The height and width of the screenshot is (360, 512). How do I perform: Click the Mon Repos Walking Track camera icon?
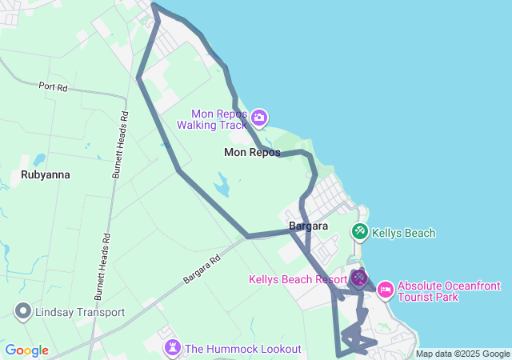(258, 118)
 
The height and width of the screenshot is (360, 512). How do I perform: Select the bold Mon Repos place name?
(252, 152)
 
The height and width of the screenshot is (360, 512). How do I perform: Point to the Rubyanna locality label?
(46, 174)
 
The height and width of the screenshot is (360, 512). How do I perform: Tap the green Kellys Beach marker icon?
(360, 233)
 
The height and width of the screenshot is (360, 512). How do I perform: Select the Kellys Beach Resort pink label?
(298, 279)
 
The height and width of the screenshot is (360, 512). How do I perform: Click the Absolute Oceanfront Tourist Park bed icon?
(385, 288)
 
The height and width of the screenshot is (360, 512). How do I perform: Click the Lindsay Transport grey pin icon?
(22, 312)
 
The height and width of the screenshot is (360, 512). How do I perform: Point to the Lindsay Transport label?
(79, 312)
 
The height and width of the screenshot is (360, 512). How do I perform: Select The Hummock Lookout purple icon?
(172, 348)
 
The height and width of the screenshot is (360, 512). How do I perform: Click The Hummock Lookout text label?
(242, 349)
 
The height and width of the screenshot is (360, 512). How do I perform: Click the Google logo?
(26, 350)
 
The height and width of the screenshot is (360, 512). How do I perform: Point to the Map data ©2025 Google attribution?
(462, 354)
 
